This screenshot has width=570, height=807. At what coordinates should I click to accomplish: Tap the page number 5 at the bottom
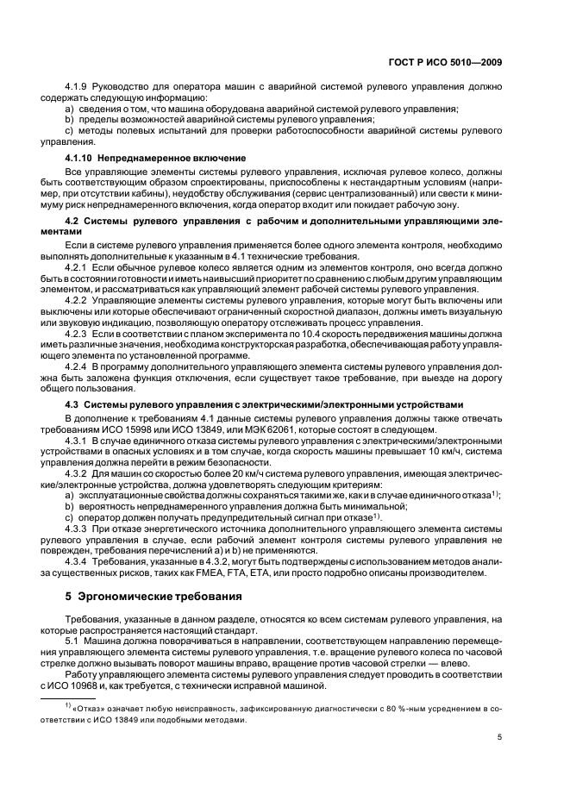500,738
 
